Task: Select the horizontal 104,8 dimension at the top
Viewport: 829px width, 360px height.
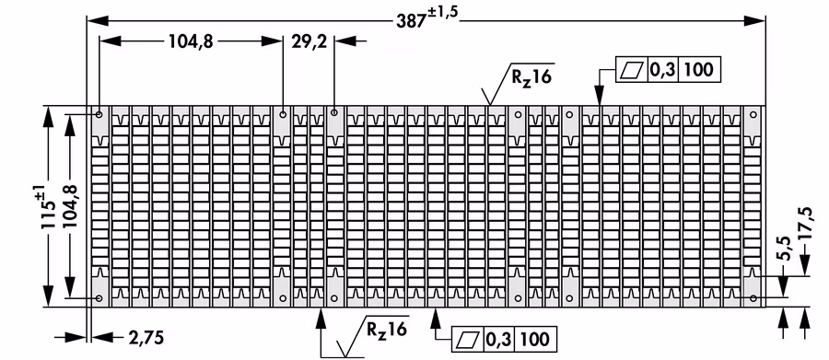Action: click(x=191, y=41)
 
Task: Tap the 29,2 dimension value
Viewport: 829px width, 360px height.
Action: click(x=309, y=41)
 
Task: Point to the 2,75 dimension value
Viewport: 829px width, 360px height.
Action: click(x=146, y=337)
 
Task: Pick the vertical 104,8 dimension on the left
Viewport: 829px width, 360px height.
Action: click(x=70, y=205)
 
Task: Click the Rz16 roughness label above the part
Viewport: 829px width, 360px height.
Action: click(x=531, y=77)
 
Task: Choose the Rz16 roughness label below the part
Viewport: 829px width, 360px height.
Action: click(x=387, y=330)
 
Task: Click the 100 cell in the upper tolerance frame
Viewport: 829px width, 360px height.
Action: click(x=698, y=70)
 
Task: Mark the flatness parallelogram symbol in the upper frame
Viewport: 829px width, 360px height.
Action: click(x=632, y=70)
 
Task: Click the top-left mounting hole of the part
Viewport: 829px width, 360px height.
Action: click(x=99, y=114)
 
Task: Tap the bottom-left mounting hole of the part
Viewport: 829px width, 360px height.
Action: click(x=99, y=298)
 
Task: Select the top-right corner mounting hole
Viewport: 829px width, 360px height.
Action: click(x=753, y=114)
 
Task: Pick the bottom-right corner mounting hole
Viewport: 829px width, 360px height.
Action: click(x=753, y=298)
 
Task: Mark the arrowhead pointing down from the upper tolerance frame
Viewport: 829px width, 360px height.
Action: click(x=599, y=95)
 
